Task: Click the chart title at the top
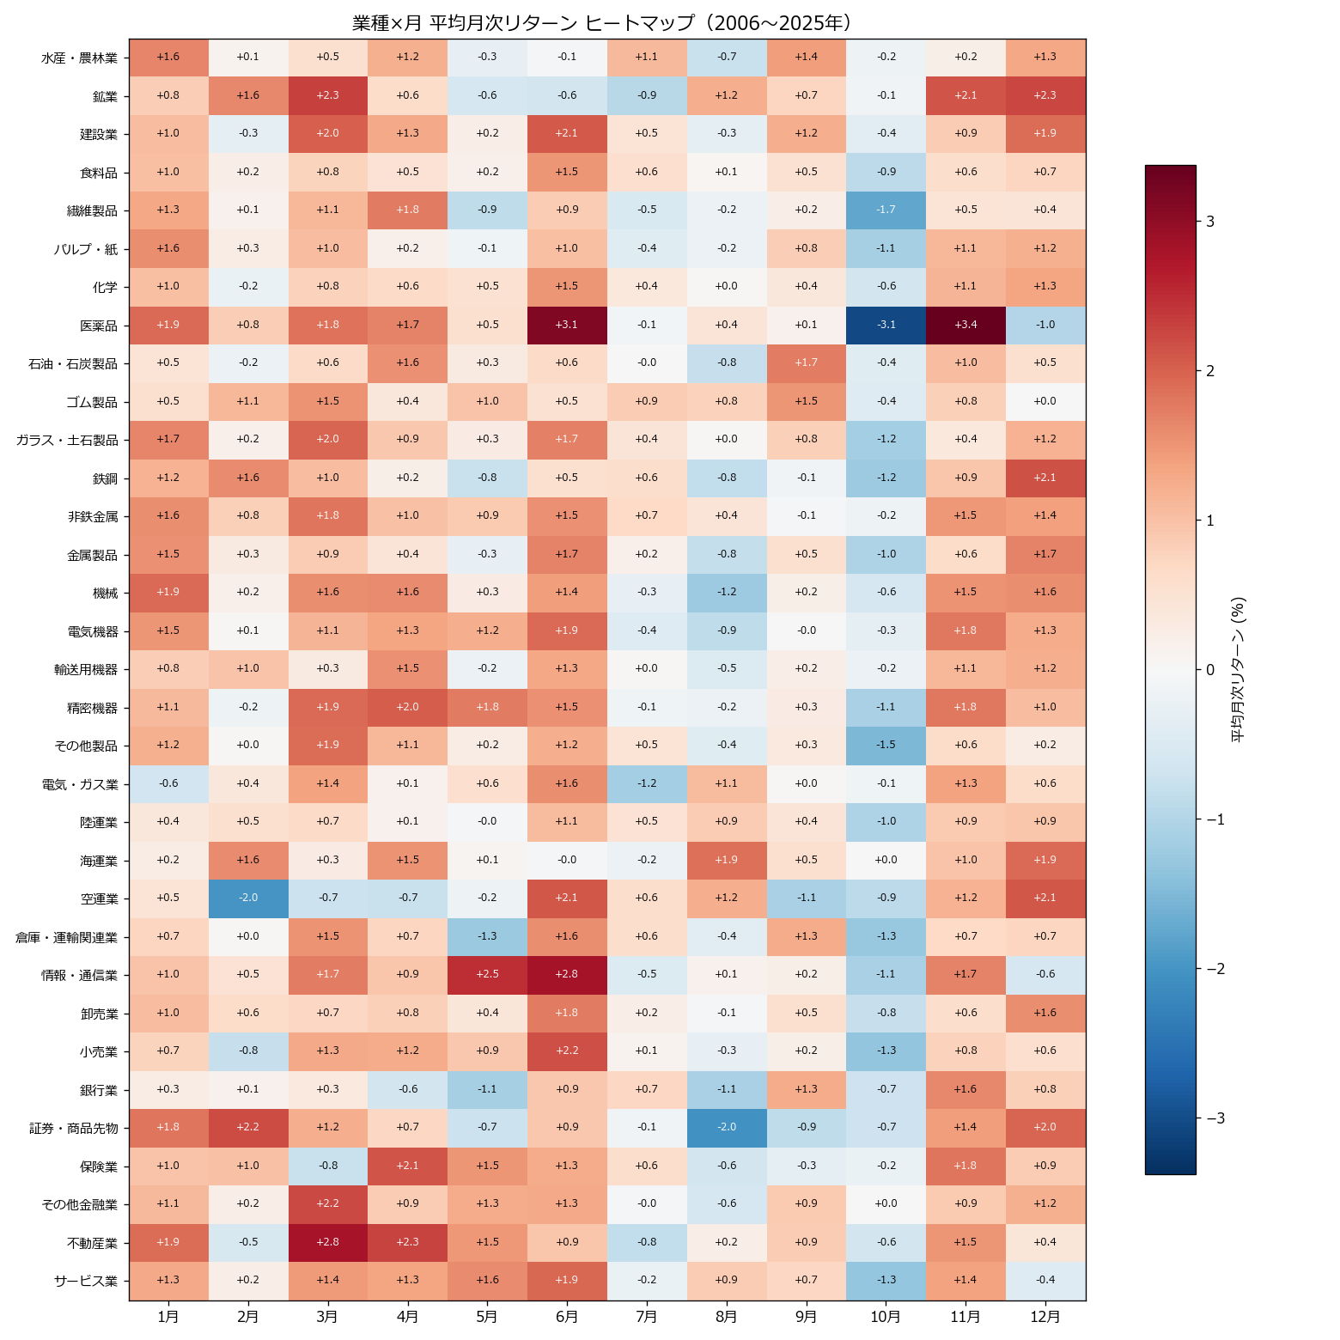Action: pyautogui.click(x=601, y=23)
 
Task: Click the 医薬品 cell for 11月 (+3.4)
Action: pyautogui.click(x=965, y=326)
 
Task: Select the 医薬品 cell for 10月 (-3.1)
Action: pyautogui.click(x=886, y=326)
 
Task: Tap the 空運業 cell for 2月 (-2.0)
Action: pyautogui.click(x=247, y=898)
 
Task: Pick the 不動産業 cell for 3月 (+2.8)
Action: pyautogui.click(x=327, y=1242)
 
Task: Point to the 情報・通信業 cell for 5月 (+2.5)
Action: pyautogui.click(x=487, y=975)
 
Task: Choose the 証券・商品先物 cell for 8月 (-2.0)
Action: pyautogui.click(x=726, y=1128)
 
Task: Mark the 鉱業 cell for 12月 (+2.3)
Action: pyautogui.click(x=1045, y=96)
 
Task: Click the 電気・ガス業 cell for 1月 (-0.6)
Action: pyautogui.click(x=168, y=783)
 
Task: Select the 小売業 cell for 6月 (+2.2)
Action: pyautogui.click(x=567, y=1051)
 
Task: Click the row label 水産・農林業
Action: pyautogui.click(x=80, y=58)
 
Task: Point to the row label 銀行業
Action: pyautogui.click(x=99, y=1090)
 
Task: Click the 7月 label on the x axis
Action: pyautogui.click(x=647, y=1317)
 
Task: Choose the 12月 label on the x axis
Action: pyautogui.click(x=1045, y=1317)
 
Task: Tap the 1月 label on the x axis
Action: pyautogui.click(x=168, y=1317)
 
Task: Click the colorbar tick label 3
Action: pyautogui.click(x=1210, y=222)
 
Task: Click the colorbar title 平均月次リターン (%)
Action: pyautogui.click(x=1238, y=670)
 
